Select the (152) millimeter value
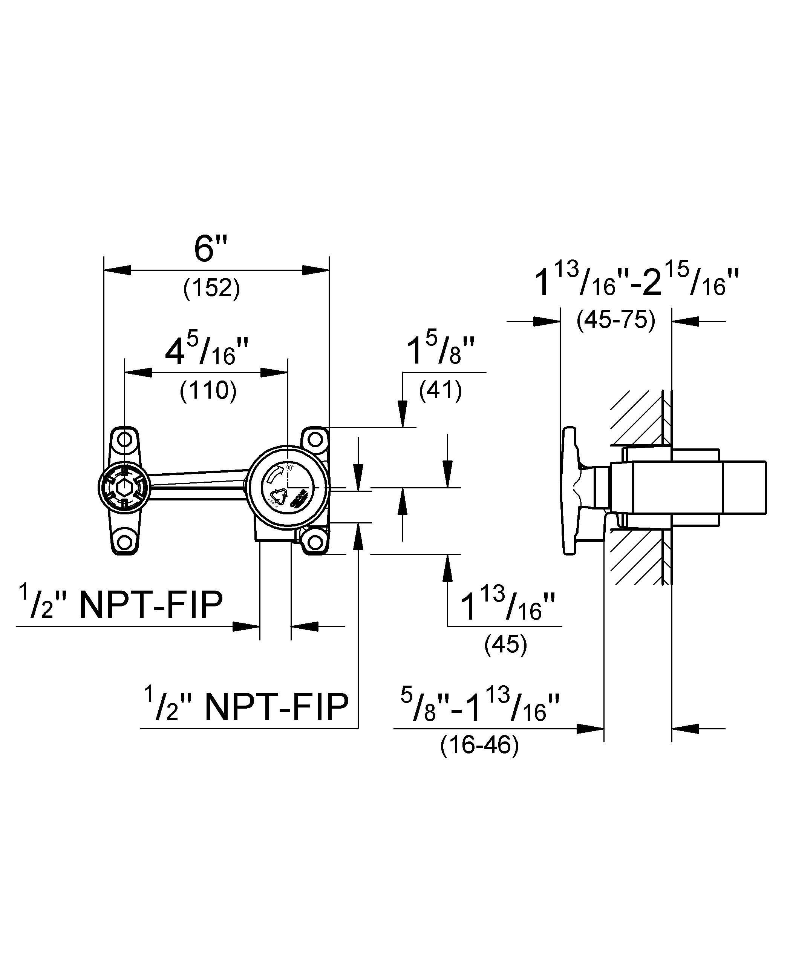click(211, 288)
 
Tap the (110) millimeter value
click(208, 390)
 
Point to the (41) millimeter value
click(441, 390)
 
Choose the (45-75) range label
click(615, 321)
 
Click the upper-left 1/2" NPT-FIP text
click(121, 605)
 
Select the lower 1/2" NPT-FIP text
click(246, 707)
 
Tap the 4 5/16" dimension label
click(207, 352)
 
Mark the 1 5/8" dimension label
click(440, 352)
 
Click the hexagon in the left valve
click(123, 488)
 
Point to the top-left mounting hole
click(124, 439)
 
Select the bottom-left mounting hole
click(124, 542)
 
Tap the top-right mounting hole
click(315, 439)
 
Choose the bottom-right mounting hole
click(315, 542)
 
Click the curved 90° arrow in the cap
click(277, 474)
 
